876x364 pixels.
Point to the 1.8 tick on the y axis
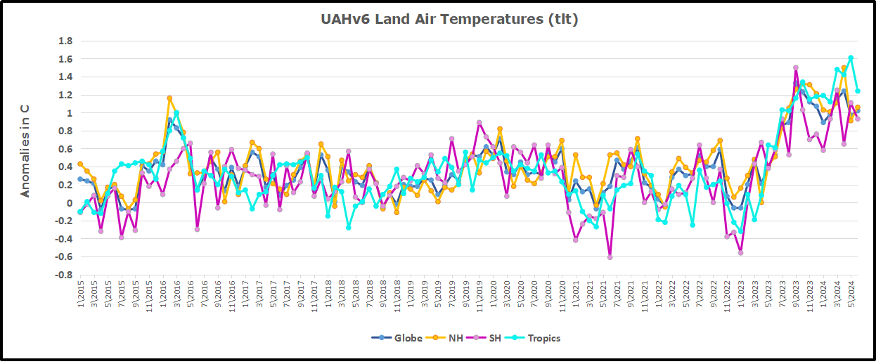pos(65,41)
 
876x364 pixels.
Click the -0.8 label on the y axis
pos(63,275)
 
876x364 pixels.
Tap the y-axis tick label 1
pos(69,112)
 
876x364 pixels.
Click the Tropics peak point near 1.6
pos(851,58)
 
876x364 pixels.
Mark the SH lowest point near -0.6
pos(610,257)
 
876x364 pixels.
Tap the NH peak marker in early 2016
pos(169,98)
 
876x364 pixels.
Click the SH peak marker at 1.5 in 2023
pos(795,68)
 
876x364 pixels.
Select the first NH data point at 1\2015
pos(80,164)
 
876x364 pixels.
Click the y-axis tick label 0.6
pos(65,149)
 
